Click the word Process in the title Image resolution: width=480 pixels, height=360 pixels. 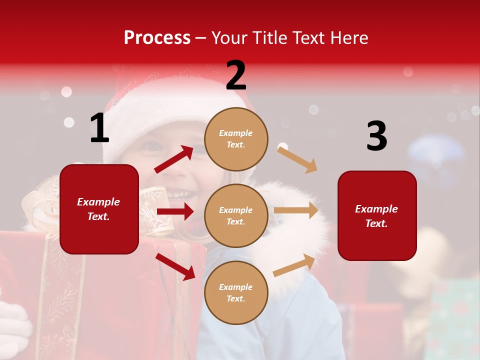click(157, 38)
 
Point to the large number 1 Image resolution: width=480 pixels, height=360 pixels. click(99, 128)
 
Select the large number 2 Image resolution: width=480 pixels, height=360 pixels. click(236, 75)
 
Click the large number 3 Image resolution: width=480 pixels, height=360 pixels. click(376, 136)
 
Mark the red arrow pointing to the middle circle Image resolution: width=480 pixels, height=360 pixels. click(175, 211)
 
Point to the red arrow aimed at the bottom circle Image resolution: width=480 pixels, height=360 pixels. click(175, 266)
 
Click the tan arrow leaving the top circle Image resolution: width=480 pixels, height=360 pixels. click(297, 159)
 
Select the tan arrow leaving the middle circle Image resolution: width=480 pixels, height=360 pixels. click(296, 210)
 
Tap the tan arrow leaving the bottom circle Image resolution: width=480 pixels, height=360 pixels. click(294, 265)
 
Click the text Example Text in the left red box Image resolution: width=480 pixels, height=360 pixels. click(99, 209)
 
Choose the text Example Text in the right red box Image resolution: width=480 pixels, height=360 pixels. click(376, 216)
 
